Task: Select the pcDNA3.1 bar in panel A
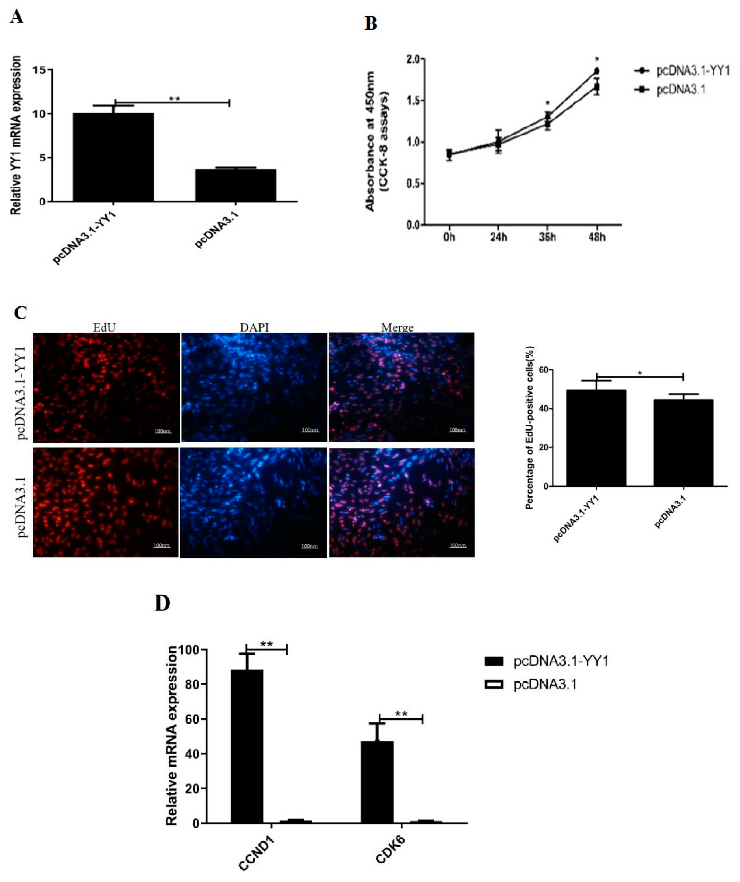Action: point(236,185)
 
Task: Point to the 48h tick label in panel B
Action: point(596,237)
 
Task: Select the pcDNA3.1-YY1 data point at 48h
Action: point(596,71)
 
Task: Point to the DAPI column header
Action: point(254,327)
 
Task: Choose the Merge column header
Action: point(397,327)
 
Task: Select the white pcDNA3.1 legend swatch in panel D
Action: point(494,685)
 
